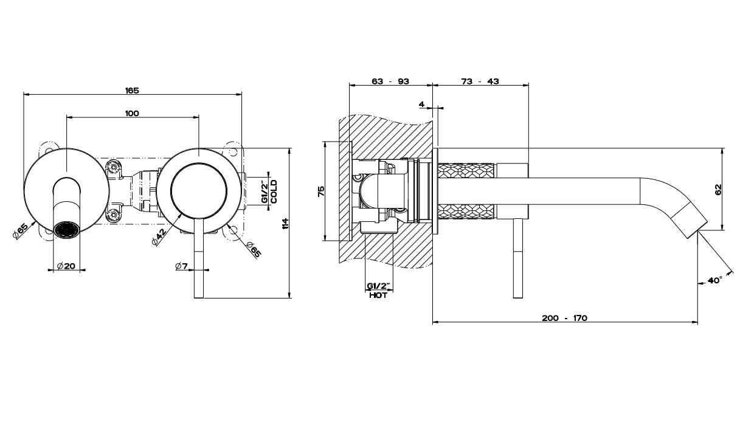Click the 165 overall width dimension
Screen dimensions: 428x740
[132, 91]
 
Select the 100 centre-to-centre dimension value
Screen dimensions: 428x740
[132, 113]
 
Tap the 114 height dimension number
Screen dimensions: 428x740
[285, 223]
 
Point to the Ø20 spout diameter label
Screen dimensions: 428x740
[66, 266]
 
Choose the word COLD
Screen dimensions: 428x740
[274, 192]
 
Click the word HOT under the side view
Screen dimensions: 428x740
[378, 295]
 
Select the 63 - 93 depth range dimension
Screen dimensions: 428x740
[390, 81]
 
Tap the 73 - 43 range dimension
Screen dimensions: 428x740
[480, 81]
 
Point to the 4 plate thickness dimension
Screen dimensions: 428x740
[421, 105]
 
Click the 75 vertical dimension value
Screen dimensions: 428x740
[322, 191]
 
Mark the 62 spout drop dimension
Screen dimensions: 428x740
[718, 189]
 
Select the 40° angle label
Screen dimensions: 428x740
[714, 280]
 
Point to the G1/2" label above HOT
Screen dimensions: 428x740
[378, 286]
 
